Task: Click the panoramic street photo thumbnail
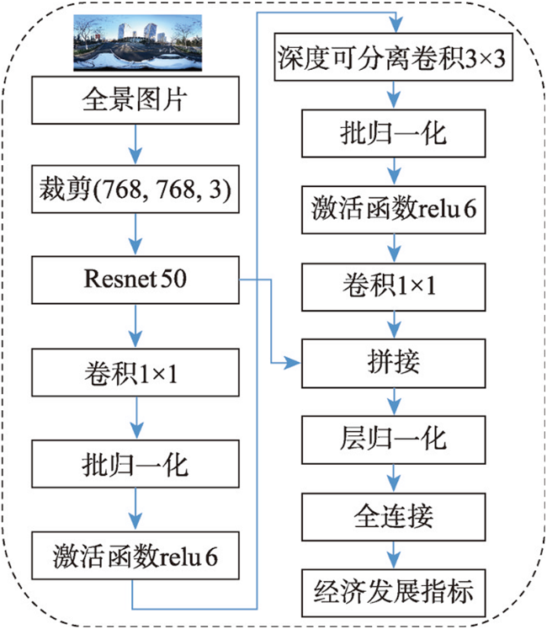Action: [137, 43]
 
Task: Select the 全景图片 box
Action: [135, 100]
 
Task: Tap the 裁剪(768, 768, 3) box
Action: [135, 189]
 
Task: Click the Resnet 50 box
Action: [135, 280]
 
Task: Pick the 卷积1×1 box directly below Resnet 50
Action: [135, 373]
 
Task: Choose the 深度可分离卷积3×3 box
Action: [393, 57]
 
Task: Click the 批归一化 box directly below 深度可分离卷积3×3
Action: [393, 134]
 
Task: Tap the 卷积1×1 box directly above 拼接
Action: [393, 287]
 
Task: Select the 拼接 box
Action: [393, 364]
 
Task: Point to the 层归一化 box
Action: [393, 440]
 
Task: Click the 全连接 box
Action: [393, 518]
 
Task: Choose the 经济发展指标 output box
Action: [393, 593]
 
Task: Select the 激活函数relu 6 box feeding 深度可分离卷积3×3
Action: [135, 556]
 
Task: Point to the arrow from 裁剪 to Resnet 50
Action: [135, 234]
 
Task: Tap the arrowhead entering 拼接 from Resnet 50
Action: [292, 364]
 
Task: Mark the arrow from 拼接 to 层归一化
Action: [394, 402]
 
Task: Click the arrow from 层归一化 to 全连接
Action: [394, 478]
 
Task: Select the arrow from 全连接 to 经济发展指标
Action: [394, 555]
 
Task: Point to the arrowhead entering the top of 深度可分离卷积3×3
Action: [396, 25]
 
